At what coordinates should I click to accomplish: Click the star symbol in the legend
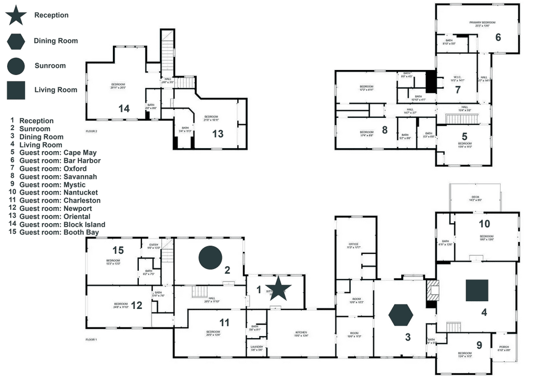16,15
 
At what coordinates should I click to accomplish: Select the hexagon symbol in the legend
16,40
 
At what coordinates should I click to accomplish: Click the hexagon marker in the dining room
400,315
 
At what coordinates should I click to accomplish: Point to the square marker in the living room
477,290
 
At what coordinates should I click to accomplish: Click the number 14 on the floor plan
124,108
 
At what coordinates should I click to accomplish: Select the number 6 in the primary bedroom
498,37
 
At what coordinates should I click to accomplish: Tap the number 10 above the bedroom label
484,223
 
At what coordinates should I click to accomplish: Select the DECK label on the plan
475,197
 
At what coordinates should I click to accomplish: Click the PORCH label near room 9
504,347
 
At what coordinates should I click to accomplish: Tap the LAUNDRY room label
257,347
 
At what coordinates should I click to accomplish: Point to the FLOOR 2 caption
91,131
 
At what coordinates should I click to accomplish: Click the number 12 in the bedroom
136,305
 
